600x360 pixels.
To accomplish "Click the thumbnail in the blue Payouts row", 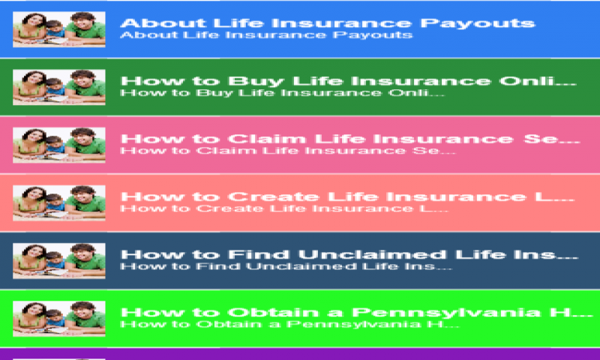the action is (x=59, y=29).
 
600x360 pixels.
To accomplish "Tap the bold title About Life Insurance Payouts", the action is (x=328, y=23).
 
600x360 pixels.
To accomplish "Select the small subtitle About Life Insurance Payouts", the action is (x=266, y=35).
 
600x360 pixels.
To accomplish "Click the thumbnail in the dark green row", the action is (x=59, y=87).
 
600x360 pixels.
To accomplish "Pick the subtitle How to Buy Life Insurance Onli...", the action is (x=283, y=93).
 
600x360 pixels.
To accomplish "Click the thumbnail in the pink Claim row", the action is (x=59, y=145).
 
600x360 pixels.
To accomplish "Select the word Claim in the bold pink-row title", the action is (x=267, y=139).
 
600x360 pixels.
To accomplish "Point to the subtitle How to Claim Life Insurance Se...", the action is (x=288, y=151).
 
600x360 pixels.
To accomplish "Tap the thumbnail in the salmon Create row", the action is (x=59, y=202).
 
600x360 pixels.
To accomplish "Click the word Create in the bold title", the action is (x=274, y=196).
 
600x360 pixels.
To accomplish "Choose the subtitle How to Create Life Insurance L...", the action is (x=284, y=208).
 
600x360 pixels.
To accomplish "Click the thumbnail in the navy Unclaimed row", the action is (x=59, y=260).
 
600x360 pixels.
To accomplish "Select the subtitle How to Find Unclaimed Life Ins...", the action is (x=286, y=266).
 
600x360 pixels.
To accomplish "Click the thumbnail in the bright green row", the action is (x=59, y=318).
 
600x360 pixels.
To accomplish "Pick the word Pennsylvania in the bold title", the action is (x=445, y=313).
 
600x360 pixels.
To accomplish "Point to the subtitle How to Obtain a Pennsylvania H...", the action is (x=289, y=325).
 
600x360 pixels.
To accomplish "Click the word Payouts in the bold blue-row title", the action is (x=478, y=24).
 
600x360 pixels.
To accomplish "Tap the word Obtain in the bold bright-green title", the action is (x=274, y=312).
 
